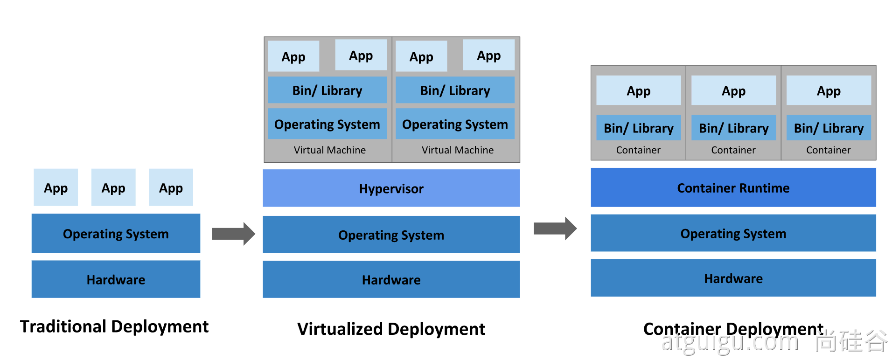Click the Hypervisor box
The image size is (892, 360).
pos(391,188)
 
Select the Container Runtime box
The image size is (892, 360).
pos(733,187)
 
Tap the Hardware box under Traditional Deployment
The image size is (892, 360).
pos(116,279)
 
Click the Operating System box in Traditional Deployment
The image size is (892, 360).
pos(116,233)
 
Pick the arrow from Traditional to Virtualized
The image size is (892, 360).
pos(233,234)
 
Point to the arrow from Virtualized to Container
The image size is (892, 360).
pos(555,228)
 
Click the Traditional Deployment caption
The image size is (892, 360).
pos(114,326)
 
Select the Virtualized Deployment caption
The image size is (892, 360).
pos(391,329)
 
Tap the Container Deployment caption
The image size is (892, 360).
pos(733,329)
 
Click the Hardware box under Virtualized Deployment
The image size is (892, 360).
pos(391,279)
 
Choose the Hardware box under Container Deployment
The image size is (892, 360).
pos(733,278)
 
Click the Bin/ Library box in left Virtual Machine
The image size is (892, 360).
pos(327,90)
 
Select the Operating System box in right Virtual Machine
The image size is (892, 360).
pos(455,124)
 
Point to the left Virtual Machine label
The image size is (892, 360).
pos(329,150)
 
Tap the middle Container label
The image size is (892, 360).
pos(733,150)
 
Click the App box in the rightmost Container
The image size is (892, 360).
pos(829,90)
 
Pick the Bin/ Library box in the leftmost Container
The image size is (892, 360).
pos(638,128)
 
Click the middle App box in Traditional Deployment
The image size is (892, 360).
pos(113,187)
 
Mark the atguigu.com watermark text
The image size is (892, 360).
pos(730,342)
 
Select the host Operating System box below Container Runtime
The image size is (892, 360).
pos(733,233)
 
